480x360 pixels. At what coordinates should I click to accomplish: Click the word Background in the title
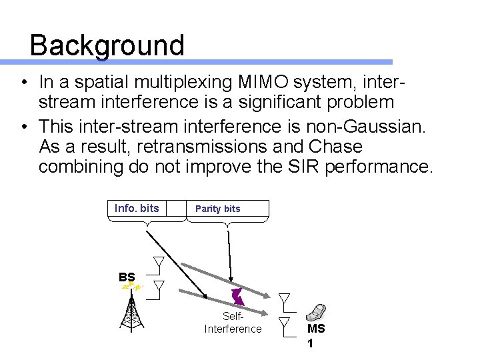click(107, 45)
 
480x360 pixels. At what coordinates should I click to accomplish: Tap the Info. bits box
click(137, 208)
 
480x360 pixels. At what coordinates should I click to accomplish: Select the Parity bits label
click(217, 209)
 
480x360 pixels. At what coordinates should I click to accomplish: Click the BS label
click(127, 277)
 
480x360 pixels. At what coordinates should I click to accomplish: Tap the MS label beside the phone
click(316, 329)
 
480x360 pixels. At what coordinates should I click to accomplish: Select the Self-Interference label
click(233, 323)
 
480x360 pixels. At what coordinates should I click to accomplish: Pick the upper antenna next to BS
click(159, 265)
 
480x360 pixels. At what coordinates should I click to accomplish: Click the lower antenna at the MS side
click(285, 325)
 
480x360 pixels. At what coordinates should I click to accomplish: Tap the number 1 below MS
click(310, 344)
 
